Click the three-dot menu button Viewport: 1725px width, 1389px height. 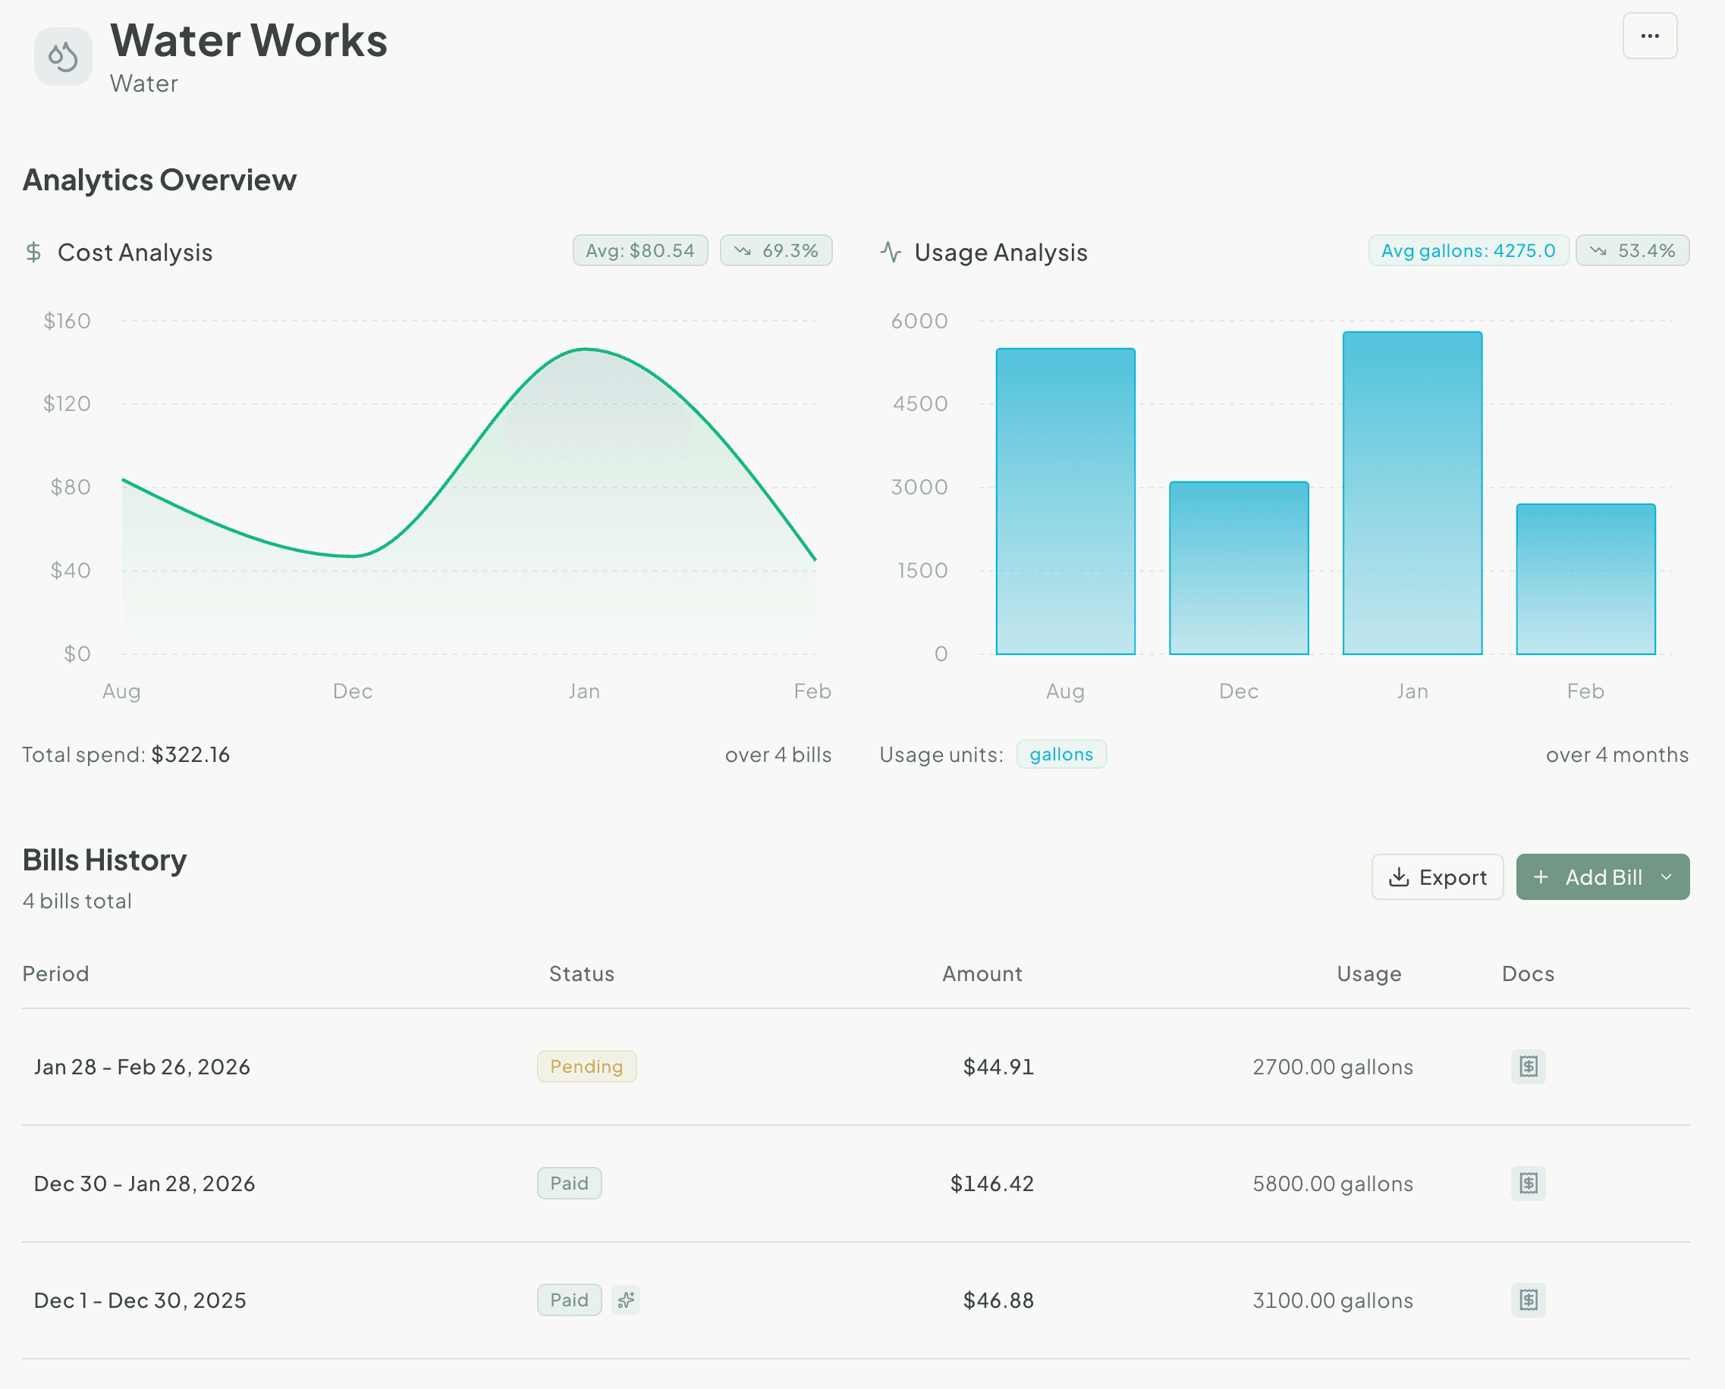click(x=1649, y=36)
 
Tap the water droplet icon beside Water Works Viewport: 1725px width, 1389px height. click(x=63, y=57)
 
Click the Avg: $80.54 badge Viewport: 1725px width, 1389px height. click(x=639, y=250)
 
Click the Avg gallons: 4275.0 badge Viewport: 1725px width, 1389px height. click(x=1467, y=250)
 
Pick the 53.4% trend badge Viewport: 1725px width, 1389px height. click(x=1632, y=250)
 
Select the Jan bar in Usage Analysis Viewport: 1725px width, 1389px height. click(x=1412, y=493)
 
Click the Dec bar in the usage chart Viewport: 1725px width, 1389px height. click(x=1238, y=568)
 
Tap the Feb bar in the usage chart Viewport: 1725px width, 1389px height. click(x=1585, y=579)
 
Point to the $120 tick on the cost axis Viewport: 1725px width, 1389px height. click(x=68, y=403)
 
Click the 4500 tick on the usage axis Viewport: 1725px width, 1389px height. click(x=919, y=403)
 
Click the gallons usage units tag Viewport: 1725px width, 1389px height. click(x=1060, y=754)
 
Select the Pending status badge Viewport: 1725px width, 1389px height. click(x=586, y=1067)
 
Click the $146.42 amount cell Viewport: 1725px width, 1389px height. click(x=991, y=1184)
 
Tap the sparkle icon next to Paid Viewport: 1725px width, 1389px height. click(x=625, y=1300)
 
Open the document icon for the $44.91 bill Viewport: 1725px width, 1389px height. click(x=1527, y=1067)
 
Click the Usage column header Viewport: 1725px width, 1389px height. click(x=1368, y=974)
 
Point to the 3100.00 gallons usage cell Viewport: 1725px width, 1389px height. click(x=1332, y=1300)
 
